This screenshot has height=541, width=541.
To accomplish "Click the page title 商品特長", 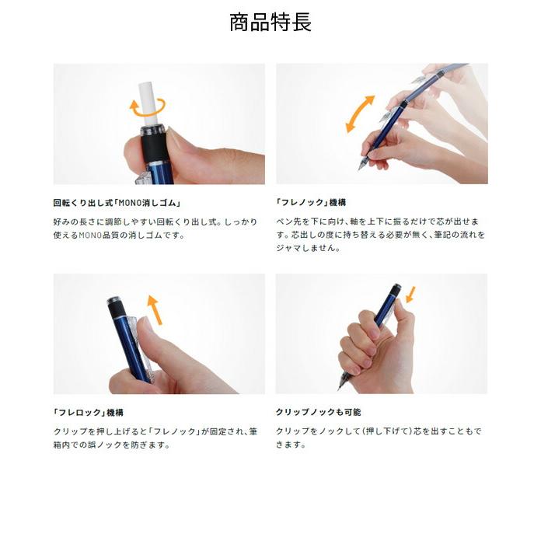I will tap(270, 23).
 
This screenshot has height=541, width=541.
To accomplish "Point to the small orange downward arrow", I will tap(410, 295).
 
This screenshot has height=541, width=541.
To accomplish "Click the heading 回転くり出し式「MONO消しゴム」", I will tap(117, 203).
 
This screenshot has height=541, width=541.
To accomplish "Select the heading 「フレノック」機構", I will tap(311, 203).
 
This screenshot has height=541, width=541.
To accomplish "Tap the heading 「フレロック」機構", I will tap(88, 413).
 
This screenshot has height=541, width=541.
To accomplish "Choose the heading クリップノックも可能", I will tap(318, 413).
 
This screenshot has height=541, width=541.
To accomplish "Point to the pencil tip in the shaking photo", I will tap(360, 166).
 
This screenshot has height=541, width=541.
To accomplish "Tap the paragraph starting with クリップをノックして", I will tap(379, 438).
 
